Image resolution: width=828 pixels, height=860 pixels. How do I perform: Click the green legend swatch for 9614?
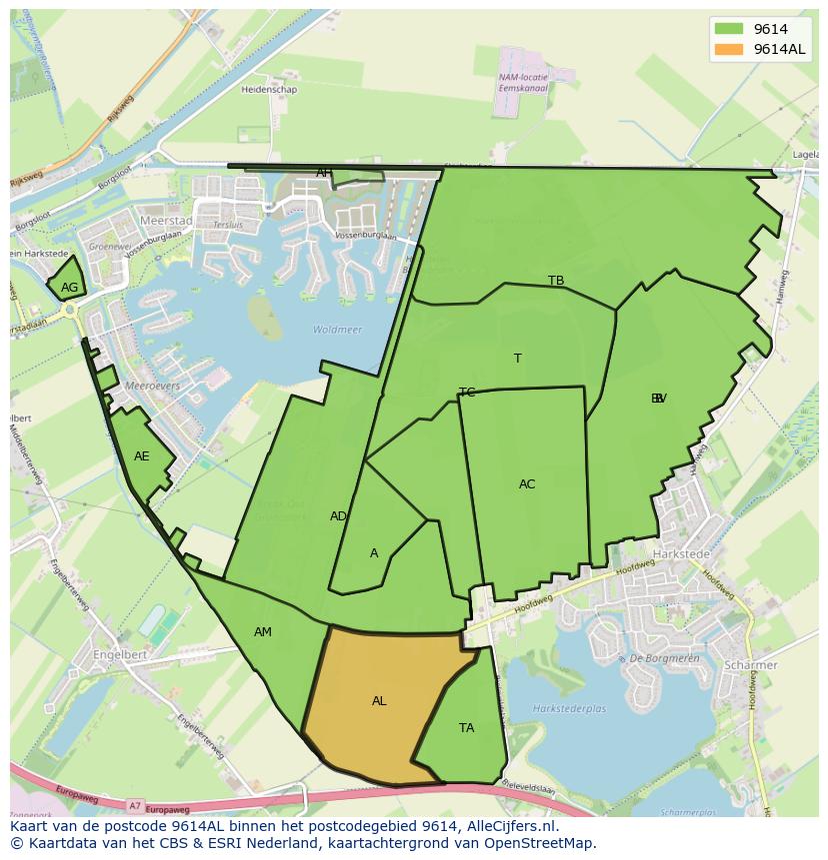pyautogui.click(x=728, y=29)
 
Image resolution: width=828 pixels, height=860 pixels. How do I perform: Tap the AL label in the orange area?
pyautogui.click(x=379, y=701)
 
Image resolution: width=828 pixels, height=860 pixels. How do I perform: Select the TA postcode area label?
pyautogui.click(x=466, y=728)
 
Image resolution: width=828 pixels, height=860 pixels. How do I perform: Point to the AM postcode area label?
pyautogui.click(x=263, y=632)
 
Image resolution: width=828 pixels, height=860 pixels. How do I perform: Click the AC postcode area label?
pyautogui.click(x=527, y=484)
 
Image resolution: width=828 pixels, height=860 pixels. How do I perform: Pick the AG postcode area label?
pyautogui.click(x=69, y=288)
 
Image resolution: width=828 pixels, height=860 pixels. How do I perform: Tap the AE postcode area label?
pyautogui.click(x=142, y=456)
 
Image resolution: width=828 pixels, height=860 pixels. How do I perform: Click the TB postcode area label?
pyautogui.click(x=556, y=281)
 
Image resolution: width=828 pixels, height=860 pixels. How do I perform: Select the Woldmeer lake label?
pyautogui.click(x=337, y=330)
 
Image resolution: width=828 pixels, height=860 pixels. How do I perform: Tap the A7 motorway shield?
pyautogui.click(x=135, y=804)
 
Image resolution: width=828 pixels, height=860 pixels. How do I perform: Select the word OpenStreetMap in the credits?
pyautogui.click(x=541, y=843)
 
